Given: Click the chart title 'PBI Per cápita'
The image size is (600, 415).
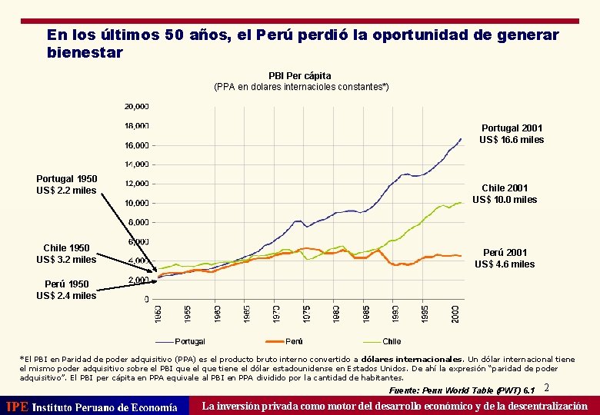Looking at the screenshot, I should click(300, 75).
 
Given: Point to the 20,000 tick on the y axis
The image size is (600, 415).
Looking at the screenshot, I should click(137, 106).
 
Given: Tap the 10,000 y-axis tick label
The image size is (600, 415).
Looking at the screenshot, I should click(137, 203).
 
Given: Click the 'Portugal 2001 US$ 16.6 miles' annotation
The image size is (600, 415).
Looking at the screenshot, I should click(511, 134).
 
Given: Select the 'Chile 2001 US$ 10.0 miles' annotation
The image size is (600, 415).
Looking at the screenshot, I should click(505, 194).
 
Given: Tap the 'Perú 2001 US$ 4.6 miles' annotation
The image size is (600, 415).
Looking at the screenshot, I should click(505, 258).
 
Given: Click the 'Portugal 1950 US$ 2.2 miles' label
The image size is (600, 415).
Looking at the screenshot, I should click(66, 184).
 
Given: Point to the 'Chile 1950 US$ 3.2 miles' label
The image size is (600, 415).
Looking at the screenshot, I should click(66, 254).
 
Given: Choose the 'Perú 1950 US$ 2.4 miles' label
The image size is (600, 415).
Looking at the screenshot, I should click(66, 290).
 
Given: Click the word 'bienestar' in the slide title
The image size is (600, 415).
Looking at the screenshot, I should click(85, 53).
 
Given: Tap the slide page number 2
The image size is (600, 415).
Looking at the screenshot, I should click(546, 388).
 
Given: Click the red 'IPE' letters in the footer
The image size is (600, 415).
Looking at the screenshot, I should click(16, 407).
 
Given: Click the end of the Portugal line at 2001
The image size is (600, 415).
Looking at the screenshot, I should click(461, 139).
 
